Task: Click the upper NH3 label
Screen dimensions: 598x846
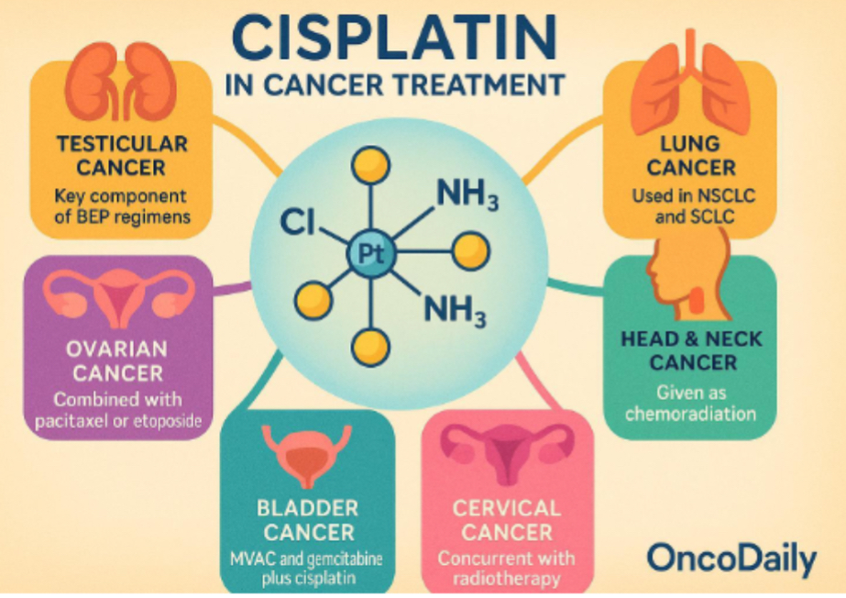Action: tap(467, 194)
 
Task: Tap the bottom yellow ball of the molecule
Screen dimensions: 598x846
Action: tap(369, 343)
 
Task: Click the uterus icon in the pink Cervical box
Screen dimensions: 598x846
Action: tap(505, 451)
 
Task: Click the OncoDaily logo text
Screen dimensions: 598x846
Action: tap(731, 558)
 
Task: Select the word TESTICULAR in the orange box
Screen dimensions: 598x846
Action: tap(121, 144)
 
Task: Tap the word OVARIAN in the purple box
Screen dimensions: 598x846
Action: tap(117, 349)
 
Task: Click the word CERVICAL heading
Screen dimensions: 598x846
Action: tap(507, 508)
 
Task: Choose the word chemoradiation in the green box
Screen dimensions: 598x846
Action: tap(692, 414)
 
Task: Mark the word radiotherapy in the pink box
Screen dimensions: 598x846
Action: tap(507, 579)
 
